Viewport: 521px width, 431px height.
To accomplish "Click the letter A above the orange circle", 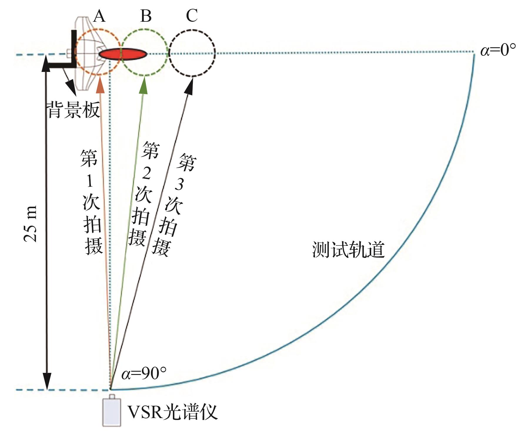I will (x=99, y=16).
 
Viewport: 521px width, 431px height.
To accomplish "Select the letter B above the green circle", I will (x=146, y=16).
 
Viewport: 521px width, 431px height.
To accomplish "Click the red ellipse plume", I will (x=123, y=54).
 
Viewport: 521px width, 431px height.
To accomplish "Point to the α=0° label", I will (x=498, y=50).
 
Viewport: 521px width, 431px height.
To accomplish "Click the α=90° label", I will (x=144, y=374).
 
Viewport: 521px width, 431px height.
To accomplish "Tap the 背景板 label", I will (x=73, y=110).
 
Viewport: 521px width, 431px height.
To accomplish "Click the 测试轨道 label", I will (x=348, y=250).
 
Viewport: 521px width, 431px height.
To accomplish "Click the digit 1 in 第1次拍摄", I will (x=90, y=181).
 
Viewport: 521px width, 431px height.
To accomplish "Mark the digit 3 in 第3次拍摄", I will (x=179, y=184).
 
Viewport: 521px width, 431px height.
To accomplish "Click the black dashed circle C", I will (x=192, y=30).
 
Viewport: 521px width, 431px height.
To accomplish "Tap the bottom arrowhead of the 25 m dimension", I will (x=47, y=382).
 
